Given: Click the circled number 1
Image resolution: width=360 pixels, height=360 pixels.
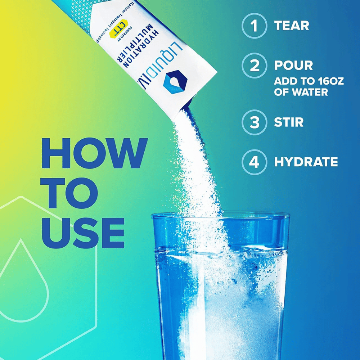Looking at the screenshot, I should (255, 26).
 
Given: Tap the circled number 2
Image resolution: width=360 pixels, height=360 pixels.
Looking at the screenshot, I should (255, 66).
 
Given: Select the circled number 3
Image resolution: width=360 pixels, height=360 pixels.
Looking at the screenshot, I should (255, 122).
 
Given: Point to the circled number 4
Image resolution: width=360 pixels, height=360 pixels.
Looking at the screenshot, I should (255, 162).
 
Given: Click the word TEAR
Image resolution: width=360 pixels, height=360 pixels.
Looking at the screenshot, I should (292, 26).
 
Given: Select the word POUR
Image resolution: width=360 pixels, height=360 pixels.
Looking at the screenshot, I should (293, 66).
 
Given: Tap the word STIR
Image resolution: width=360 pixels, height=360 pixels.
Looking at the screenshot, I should (289, 122).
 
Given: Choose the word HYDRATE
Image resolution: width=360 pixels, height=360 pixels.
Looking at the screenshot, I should (306, 162).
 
